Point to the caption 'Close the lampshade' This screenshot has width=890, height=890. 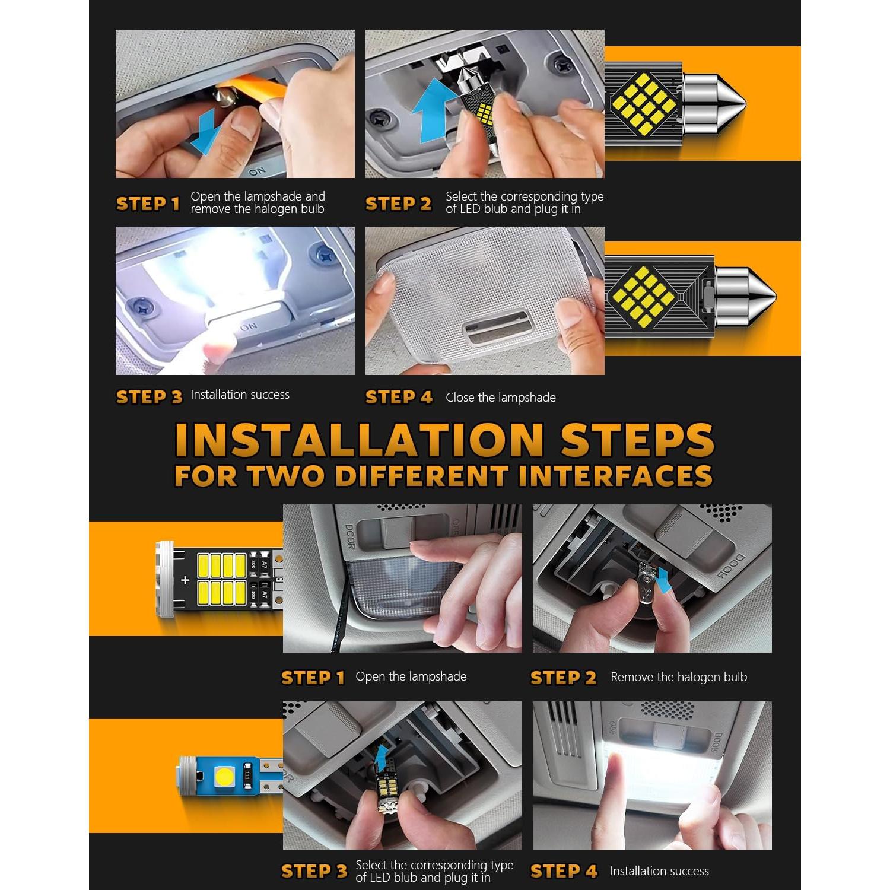[x=501, y=398]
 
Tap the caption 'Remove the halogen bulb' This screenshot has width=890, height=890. [x=679, y=677]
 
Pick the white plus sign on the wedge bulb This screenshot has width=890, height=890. [x=185, y=580]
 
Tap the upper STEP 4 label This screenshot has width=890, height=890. [x=399, y=398]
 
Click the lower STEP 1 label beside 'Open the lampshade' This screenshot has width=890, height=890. [x=313, y=678]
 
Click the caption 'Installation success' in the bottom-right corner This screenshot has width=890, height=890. [x=659, y=871]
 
